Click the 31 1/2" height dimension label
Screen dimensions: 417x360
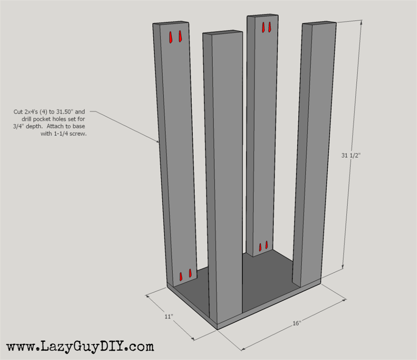point(351,155)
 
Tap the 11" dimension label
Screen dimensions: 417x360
point(168,316)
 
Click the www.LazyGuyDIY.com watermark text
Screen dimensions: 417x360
point(80,346)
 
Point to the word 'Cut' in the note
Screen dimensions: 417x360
point(18,112)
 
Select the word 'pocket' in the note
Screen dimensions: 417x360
point(41,119)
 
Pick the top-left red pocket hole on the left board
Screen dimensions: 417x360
point(171,37)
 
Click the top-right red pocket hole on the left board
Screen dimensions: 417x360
point(180,36)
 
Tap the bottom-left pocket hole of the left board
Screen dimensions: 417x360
point(181,276)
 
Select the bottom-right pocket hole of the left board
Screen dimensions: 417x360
point(190,273)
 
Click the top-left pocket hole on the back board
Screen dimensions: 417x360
point(263,27)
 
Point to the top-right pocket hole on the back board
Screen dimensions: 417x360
point(269,27)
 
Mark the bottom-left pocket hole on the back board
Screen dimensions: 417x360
point(260,247)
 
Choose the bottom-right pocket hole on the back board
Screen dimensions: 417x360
point(267,245)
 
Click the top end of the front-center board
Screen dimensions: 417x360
point(222,33)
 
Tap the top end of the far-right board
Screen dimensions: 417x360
point(319,23)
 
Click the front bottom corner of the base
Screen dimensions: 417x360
point(218,330)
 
